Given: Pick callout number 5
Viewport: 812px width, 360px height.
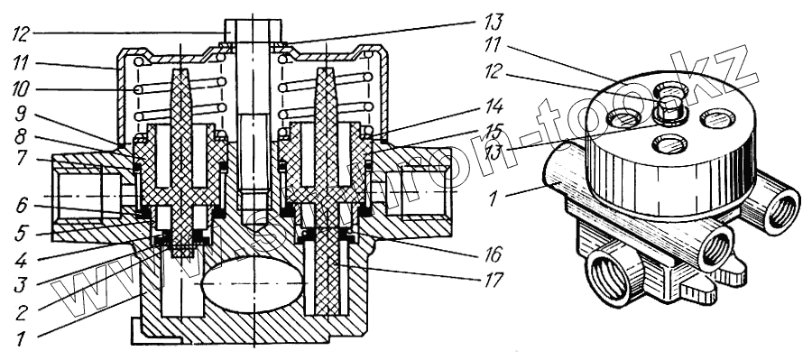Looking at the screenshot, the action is (x=22, y=234).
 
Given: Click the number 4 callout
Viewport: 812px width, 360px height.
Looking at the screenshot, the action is (x=20, y=259).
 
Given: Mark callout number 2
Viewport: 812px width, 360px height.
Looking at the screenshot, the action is (x=20, y=312).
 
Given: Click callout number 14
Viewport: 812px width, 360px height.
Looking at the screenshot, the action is (x=492, y=106).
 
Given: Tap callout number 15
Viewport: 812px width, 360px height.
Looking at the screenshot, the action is (x=492, y=132).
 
